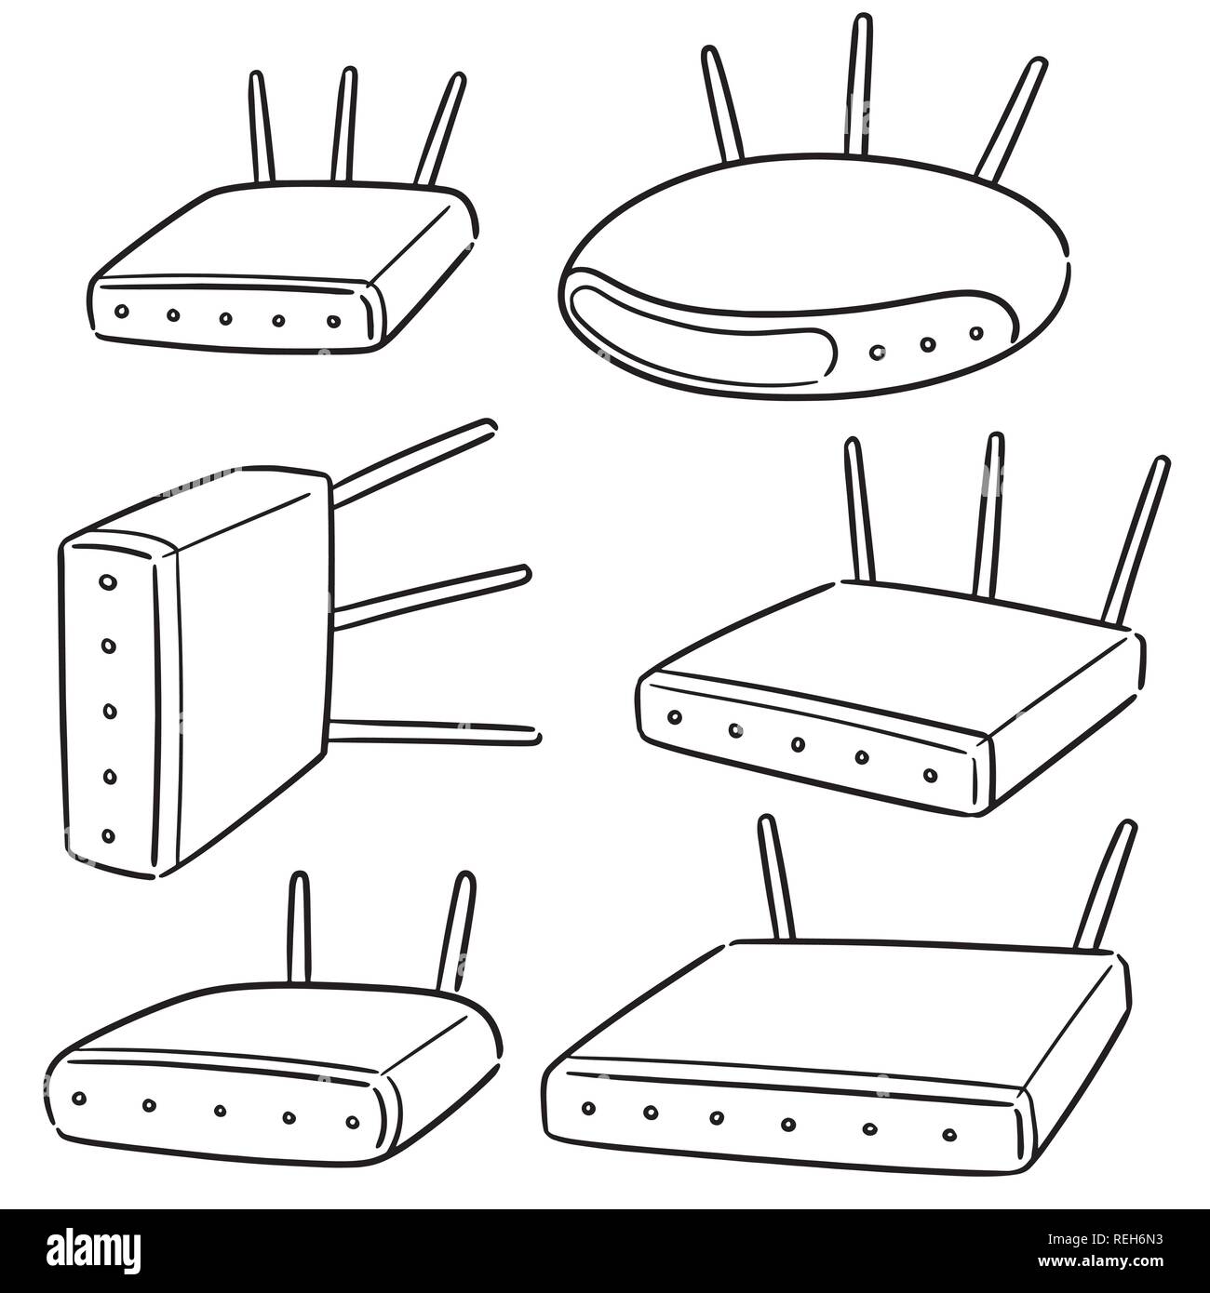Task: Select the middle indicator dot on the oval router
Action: coord(928,344)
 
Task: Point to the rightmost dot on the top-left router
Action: coord(333,321)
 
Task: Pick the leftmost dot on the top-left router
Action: coord(120,311)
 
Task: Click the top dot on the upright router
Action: coord(108,582)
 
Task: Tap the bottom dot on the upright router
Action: coord(108,835)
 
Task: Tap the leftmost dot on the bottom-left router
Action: coord(78,1098)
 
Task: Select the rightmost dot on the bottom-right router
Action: coord(949,1133)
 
